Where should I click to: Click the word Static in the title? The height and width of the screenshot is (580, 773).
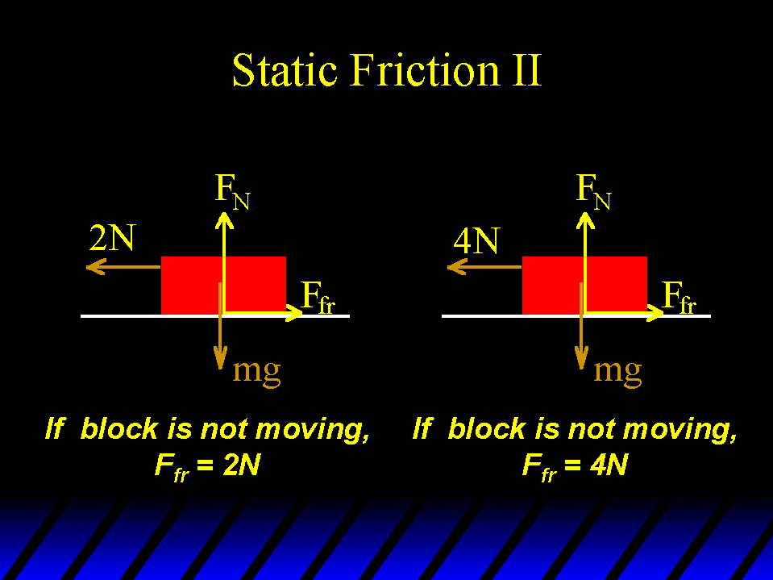pyautogui.click(x=285, y=70)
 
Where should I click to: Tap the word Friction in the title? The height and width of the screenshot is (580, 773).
pyautogui.click(x=425, y=70)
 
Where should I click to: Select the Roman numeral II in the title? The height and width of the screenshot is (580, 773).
pyautogui.click(x=527, y=70)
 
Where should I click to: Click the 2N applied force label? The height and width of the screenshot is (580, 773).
pyautogui.click(x=112, y=238)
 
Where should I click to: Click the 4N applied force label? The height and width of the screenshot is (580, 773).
pyautogui.click(x=476, y=240)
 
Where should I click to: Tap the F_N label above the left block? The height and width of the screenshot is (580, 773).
pyautogui.click(x=233, y=192)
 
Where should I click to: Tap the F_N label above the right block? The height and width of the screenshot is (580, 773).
pyautogui.click(x=593, y=192)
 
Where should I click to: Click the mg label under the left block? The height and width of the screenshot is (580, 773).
pyautogui.click(x=256, y=371)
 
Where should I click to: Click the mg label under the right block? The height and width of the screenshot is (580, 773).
pyautogui.click(x=617, y=371)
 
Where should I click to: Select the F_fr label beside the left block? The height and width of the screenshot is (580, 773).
pyautogui.click(x=318, y=298)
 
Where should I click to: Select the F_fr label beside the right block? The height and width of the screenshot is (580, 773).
pyautogui.click(x=679, y=298)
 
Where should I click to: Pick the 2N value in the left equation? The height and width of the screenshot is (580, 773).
pyautogui.click(x=242, y=465)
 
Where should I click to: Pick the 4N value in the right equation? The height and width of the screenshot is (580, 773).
pyautogui.click(x=609, y=465)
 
